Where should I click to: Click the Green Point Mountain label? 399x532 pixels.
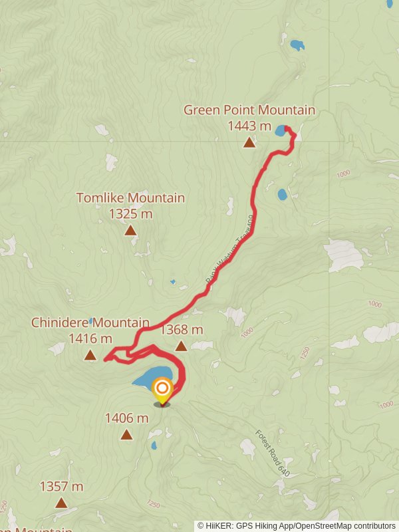point(249,110)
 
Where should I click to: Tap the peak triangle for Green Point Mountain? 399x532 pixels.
point(249,142)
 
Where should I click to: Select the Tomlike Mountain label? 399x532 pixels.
point(130,198)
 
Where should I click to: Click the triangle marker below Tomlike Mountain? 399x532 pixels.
point(130,230)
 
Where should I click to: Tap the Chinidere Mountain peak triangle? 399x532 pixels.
point(90,355)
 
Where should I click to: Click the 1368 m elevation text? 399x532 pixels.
point(182,330)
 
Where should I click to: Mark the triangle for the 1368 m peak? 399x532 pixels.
point(181,346)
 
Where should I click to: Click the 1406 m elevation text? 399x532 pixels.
point(126,418)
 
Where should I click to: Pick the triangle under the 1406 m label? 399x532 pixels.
point(126,435)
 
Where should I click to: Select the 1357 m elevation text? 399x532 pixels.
point(61,487)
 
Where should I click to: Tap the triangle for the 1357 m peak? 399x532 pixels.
point(61,503)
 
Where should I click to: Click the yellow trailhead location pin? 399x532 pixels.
point(162,389)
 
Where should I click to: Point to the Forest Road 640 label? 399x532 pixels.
point(273,453)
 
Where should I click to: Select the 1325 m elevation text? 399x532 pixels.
point(130,213)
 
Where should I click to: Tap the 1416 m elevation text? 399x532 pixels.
point(90,338)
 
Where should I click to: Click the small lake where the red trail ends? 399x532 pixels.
point(281,130)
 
